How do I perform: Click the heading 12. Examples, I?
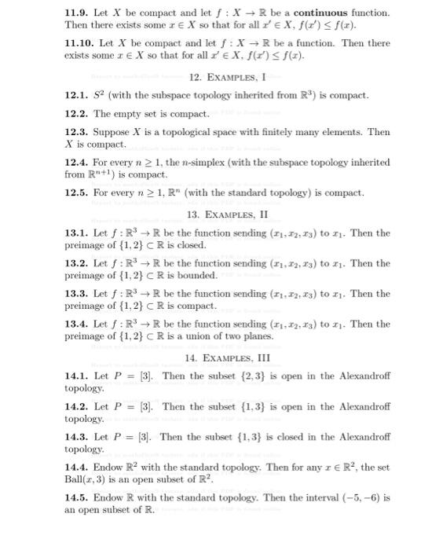(228, 77)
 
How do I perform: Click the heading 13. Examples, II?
(228, 214)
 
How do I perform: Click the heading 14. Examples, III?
(228, 357)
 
